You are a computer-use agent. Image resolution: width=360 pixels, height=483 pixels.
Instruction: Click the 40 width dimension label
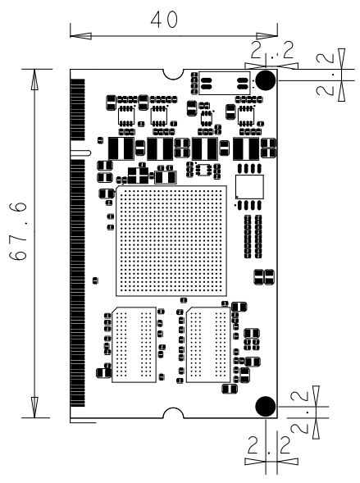[164, 19]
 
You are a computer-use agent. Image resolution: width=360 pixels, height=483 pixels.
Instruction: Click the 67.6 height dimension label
[18, 231]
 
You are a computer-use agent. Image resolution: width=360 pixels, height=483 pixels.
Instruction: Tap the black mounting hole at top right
[265, 80]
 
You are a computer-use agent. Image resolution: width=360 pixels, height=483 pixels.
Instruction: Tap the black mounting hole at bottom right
[265, 406]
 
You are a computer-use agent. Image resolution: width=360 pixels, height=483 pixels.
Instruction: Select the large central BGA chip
[171, 241]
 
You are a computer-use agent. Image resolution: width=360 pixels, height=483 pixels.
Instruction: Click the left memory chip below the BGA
[134, 344]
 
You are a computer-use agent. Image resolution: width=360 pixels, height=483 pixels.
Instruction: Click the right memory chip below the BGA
[208, 344]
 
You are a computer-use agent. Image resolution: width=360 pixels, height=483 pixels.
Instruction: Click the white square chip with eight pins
[249, 187]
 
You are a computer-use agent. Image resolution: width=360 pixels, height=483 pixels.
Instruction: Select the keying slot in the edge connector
[80, 153]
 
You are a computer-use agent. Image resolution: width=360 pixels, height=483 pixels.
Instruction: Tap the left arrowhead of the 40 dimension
[80, 36]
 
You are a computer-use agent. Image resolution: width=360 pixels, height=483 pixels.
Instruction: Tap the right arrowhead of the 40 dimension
[267, 36]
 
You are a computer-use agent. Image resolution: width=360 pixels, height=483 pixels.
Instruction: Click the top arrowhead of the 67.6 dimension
[34, 80]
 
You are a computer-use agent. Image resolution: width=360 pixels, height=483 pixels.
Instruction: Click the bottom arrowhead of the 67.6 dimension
[34, 408]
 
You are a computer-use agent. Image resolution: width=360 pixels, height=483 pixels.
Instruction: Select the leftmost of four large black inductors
[121, 148]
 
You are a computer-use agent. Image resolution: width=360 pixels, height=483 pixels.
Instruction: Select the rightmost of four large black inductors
[246, 148]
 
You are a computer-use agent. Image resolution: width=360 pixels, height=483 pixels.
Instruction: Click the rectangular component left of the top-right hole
[224, 83]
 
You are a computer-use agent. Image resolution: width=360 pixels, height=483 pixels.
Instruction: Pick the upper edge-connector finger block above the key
[78, 110]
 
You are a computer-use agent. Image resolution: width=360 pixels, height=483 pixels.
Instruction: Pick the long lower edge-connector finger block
[78, 283]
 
